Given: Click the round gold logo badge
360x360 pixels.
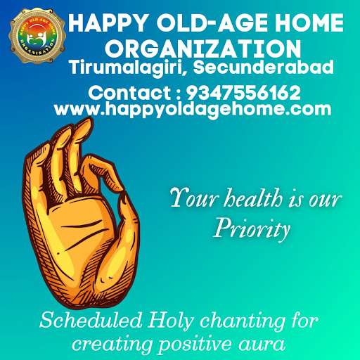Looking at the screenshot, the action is click(x=37, y=36).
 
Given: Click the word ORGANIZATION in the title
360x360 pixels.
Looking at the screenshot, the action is click(x=203, y=49).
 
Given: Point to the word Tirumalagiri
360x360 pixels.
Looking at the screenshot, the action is click(x=127, y=68).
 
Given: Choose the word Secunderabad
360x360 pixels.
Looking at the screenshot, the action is click(x=263, y=67).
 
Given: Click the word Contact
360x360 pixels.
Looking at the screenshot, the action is click(x=129, y=93).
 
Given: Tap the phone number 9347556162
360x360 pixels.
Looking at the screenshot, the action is click(x=243, y=93).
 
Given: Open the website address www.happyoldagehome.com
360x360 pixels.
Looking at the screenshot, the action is click(x=193, y=110).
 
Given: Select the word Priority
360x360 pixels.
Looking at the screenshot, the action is click(x=252, y=229).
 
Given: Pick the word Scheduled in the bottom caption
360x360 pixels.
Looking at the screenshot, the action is click(x=91, y=320).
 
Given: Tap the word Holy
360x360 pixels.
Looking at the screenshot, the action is click(x=171, y=321).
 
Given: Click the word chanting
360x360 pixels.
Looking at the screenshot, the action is click(x=243, y=321).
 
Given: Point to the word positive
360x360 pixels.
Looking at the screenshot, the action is click(x=195, y=345).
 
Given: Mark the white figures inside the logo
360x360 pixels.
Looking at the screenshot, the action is click(x=37, y=38).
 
